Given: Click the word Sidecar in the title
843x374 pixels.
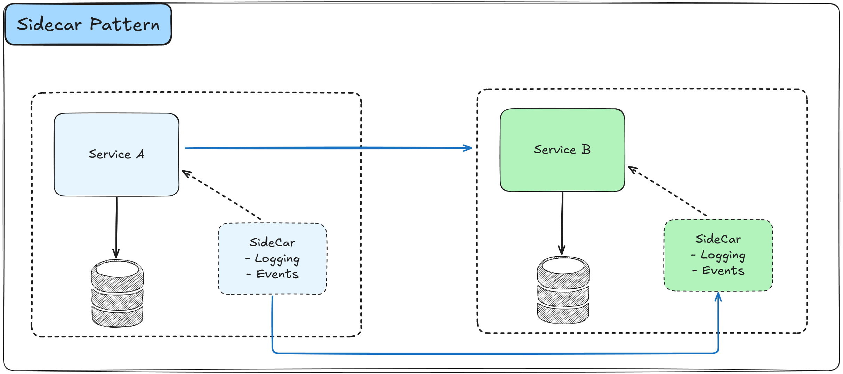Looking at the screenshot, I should point(49,24).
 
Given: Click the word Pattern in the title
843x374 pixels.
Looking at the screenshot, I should point(125,24).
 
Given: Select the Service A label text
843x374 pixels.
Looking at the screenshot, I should point(116,154).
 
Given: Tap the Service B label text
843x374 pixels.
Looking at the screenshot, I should point(562,149).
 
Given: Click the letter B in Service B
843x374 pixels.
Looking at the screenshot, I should point(586,149).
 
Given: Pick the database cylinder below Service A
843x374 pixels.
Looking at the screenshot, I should point(118,293).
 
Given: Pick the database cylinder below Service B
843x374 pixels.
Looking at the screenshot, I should point(563,290).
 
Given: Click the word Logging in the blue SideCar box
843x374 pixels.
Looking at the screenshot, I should point(277,259).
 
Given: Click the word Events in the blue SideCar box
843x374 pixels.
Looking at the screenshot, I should point(277,274).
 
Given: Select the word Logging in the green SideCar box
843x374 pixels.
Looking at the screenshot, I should point(723,255).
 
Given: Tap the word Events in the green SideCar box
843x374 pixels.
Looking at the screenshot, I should point(723,271).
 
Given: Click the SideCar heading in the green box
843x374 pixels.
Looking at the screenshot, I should point(718,239).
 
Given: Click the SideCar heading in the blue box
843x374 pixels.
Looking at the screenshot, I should point(272,242).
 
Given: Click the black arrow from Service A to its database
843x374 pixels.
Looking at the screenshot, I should point(117,226).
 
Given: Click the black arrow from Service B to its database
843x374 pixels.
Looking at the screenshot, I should point(562,223).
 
